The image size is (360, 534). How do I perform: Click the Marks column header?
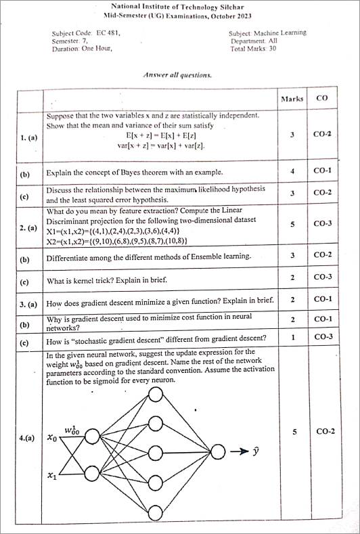click(x=292, y=99)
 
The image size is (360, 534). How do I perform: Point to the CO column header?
click(x=322, y=98)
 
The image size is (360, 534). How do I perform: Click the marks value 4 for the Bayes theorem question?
click(x=292, y=171)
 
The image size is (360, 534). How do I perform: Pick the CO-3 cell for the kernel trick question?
click(x=323, y=277)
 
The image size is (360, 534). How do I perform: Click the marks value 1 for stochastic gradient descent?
click(x=292, y=336)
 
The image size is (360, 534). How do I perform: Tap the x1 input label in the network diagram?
click(x=51, y=476)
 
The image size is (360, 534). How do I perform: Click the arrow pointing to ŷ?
click(x=240, y=451)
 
